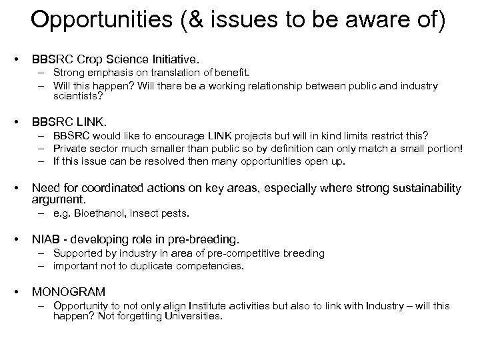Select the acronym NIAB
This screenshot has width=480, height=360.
click(x=46, y=239)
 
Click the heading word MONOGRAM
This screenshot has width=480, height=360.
click(x=69, y=291)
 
